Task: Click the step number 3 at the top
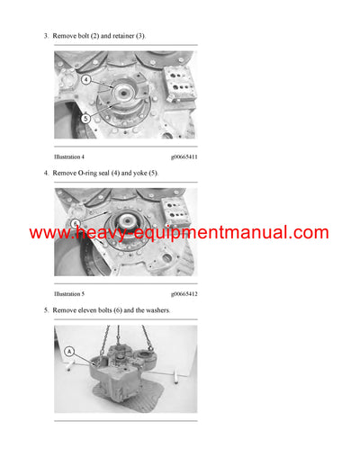[x=46, y=36]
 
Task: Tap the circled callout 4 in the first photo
[x=86, y=78]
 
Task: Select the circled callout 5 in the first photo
[x=85, y=118]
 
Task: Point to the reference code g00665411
[x=184, y=157]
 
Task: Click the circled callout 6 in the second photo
[x=76, y=222]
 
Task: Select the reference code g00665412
[x=184, y=294]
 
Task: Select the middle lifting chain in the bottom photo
[x=122, y=340]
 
